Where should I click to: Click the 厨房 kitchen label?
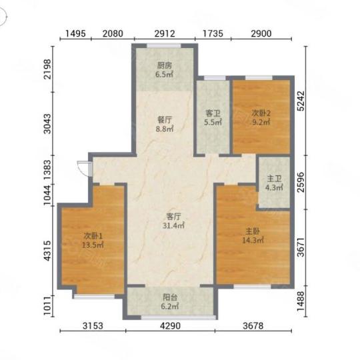click(x=164, y=65)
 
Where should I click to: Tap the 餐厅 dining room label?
click(x=165, y=120)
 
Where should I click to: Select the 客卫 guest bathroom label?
click(x=213, y=113)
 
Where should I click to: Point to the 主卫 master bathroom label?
click(x=274, y=179)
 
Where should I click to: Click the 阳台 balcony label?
click(x=170, y=297)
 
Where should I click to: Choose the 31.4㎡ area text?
click(x=173, y=226)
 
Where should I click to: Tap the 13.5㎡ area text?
click(x=93, y=245)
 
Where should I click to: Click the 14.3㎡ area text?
click(x=253, y=240)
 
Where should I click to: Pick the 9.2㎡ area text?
click(x=261, y=122)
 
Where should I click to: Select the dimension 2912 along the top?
click(x=165, y=33)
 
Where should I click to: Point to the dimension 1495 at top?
click(x=75, y=33)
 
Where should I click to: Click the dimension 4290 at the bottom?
click(x=170, y=325)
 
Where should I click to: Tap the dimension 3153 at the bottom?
click(x=93, y=325)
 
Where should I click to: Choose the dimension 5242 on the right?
click(x=301, y=101)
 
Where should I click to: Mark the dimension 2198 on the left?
click(x=48, y=69)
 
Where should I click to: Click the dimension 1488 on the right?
click(x=301, y=301)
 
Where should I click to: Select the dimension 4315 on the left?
click(x=48, y=251)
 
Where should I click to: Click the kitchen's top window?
click(x=164, y=46)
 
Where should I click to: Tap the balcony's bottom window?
click(x=179, y=317)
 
